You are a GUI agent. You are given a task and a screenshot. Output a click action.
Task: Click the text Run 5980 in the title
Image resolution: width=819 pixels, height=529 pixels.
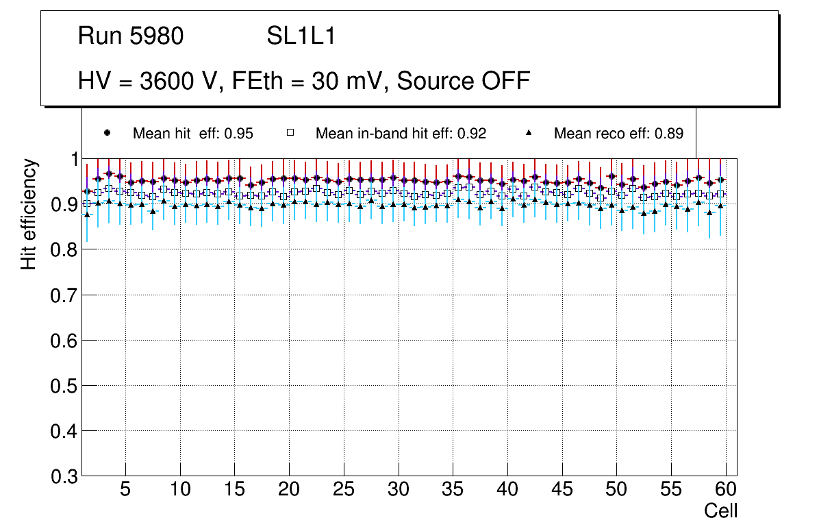(131, 36)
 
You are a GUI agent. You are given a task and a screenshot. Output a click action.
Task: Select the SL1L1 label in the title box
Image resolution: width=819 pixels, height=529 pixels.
(301, 36)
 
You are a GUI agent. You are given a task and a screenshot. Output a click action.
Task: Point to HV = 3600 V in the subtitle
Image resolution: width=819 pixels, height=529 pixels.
(148, 81)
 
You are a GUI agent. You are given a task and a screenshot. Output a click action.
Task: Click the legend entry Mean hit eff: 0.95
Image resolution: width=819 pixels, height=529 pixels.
(192, 134)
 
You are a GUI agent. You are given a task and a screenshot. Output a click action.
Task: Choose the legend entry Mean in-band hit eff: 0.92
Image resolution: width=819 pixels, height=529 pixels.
(401, 134)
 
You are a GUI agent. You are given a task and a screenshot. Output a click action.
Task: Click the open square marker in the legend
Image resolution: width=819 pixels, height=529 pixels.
(290, 133)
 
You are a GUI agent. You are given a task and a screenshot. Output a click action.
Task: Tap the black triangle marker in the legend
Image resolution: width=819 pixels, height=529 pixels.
(529, 133)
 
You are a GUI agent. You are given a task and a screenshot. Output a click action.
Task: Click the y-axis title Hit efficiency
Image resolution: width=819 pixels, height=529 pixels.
(29, 214)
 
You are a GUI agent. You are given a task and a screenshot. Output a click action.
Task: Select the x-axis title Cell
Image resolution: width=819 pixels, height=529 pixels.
(721, 510)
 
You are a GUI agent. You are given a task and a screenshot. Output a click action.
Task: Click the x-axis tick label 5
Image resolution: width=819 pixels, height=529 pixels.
(125, 490)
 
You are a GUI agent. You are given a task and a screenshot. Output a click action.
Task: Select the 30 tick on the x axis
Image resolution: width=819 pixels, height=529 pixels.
(398, 490)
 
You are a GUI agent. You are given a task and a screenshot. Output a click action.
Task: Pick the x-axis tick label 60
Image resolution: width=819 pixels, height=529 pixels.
(726, 490)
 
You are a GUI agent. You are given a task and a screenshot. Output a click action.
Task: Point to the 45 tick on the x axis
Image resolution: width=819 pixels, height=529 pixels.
(562, 490)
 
